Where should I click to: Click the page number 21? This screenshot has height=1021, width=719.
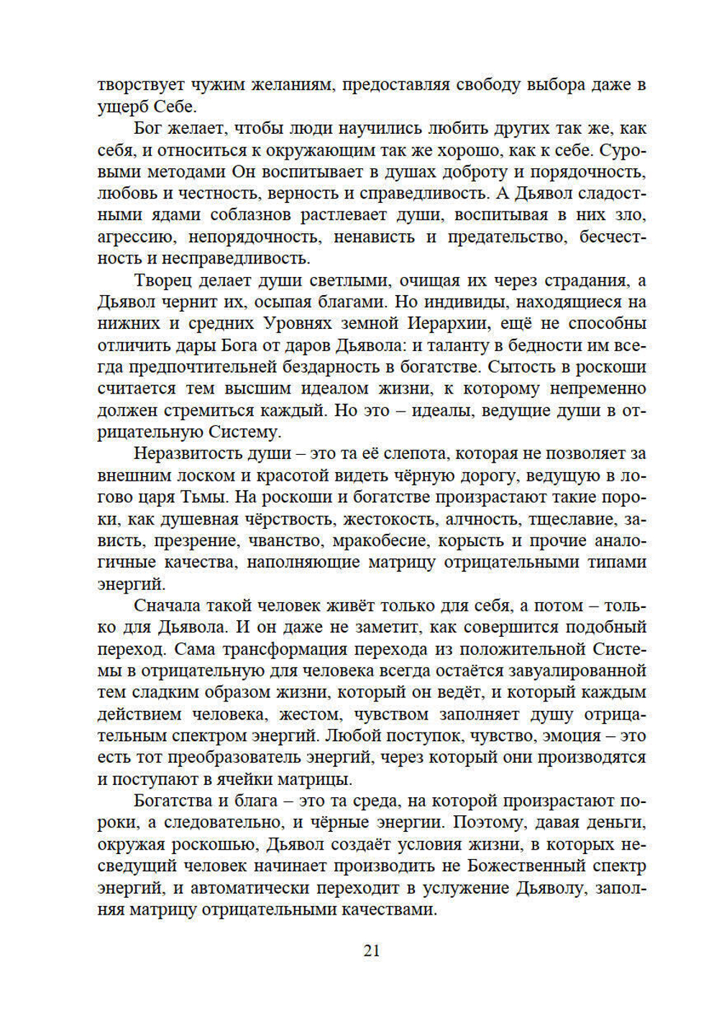pos(371,950)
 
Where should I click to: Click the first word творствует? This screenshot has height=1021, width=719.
pos(142,85)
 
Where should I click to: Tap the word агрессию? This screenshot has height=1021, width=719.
pos(135,237)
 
